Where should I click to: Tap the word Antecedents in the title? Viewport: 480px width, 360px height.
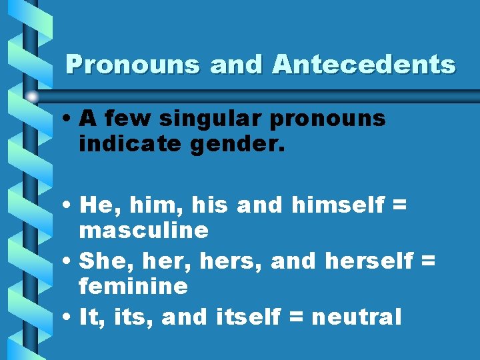click(x=363, y=65)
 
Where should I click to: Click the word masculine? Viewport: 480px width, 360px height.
click(x=143, y=231)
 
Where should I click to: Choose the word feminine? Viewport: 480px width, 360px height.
click(x=133, y=287)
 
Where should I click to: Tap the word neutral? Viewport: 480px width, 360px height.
click(x=357, y=317)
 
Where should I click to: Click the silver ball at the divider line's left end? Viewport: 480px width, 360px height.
click(x=32, y=97)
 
